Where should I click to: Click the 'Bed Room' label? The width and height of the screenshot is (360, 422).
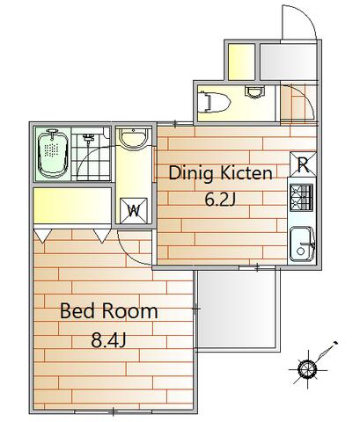(x=109, y=311)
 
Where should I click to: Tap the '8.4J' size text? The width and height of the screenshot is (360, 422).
(x=108, y=340)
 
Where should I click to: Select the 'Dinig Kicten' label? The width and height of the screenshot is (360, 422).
(x=220, y=173)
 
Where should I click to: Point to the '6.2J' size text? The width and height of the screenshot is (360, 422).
(x=220, y=200)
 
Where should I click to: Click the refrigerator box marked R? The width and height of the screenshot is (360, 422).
(x=303, y=164)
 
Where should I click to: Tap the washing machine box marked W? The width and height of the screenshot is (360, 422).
(x=134, y=211)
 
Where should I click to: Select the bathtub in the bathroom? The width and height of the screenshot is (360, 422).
(x=53, y=155)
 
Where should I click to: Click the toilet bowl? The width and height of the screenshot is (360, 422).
(x=214, y=101)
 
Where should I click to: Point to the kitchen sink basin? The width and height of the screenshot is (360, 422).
(x=303, y=244)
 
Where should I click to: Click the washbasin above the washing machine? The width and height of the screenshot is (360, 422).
(x=134, y=138)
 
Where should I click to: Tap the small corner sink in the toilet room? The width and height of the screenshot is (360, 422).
(x=254, y=91)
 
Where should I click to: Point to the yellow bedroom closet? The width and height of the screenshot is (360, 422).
(x=72, y=206)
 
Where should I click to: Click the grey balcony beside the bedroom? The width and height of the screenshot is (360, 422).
(x=238, y=309)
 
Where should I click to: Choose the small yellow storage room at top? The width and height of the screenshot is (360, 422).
(x=241, y=62)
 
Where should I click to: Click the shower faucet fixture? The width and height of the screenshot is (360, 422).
(x=88, y=137)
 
